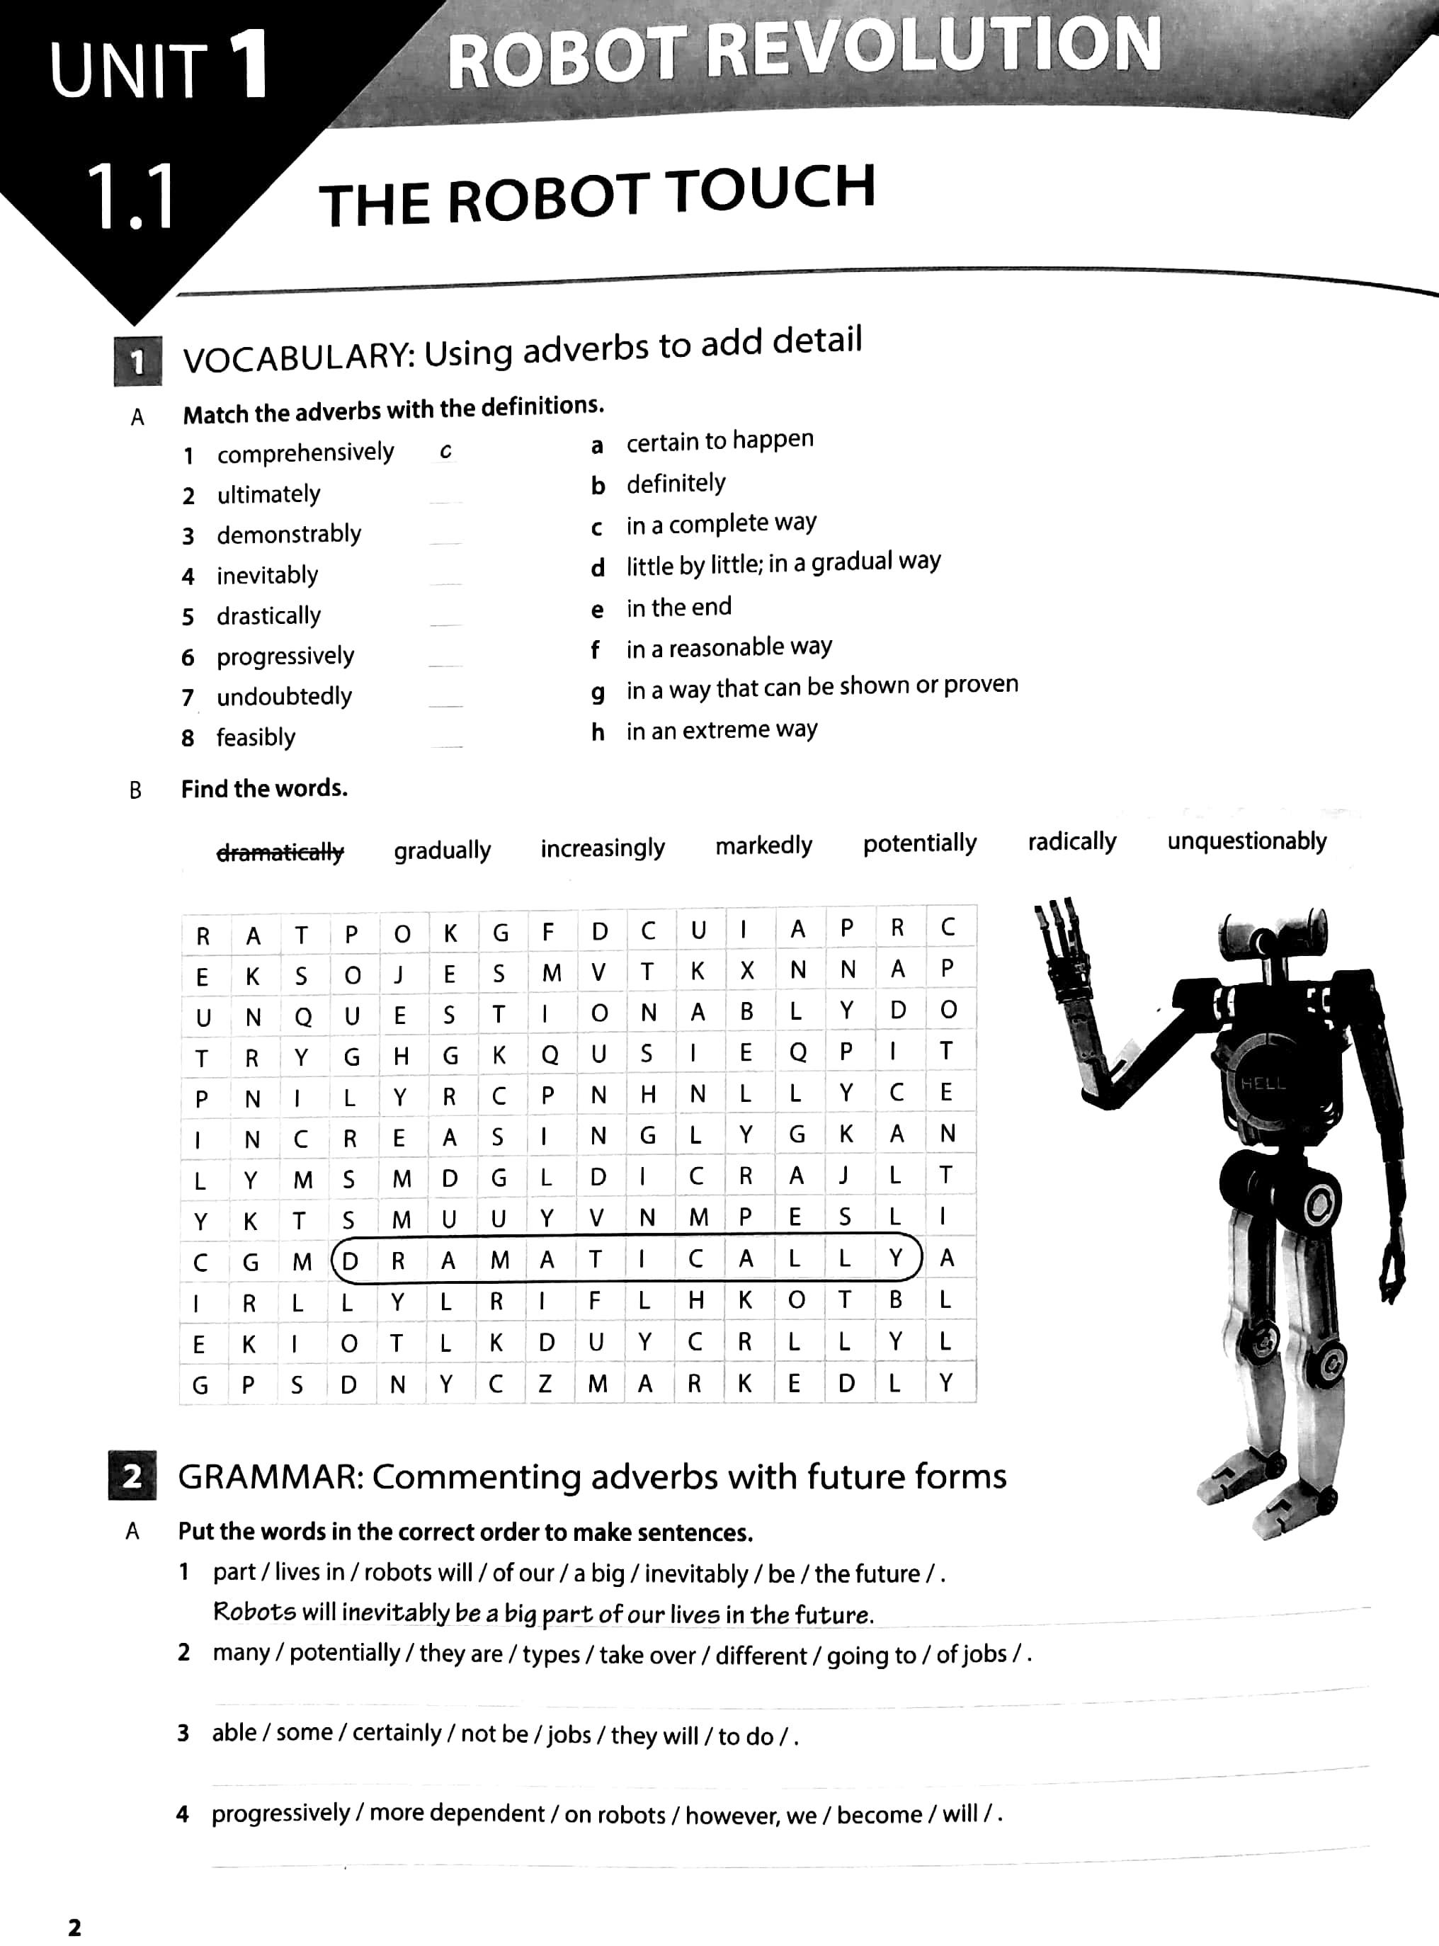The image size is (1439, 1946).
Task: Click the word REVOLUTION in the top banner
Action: pyautogui.click(x=932, y=50)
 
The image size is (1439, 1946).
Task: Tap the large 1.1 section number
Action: pyautogui.click(x=132, y=198)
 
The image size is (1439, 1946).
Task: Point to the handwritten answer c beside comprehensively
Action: pyautogui.click(x=446, y=451)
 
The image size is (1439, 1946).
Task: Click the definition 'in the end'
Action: pyautogui.click(x=678, y=607)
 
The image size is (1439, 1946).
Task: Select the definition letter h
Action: pyautogui.click(x=597, y=732)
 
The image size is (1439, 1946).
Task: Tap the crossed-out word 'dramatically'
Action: pyautogui.click(x=280, y=851)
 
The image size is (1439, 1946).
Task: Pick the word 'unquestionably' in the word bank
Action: pyautogui.click(x=1246, y=841)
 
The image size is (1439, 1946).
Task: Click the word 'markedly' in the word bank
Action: pyautogui.click(x=763, y=845)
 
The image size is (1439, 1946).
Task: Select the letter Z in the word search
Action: pyautogui.click(x=545, y=1383)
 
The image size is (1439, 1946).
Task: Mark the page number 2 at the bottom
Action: pyautogui.click(x=74, y=1927)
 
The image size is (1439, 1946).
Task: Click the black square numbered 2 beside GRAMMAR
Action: pyautogui.click(x=132, y=1476)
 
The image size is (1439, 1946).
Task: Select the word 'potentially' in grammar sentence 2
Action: pyautogui.click(x=344, y=1652)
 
